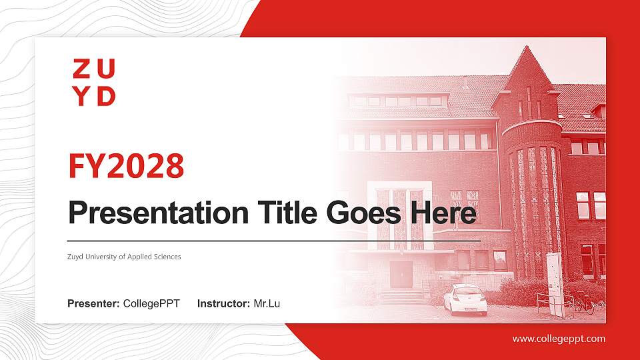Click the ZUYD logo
pos(94,82)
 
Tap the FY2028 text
pos(126,166)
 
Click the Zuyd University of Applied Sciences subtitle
pos(124,257)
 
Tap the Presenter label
pos(93,304)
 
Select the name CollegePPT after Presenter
pos(151,304)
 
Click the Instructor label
pos(224,304)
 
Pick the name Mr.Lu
pos(267,304)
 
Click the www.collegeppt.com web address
pos(559,339)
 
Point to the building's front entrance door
pos(401,273)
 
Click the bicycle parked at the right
pos(584,303)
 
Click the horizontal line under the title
pos(273,240)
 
